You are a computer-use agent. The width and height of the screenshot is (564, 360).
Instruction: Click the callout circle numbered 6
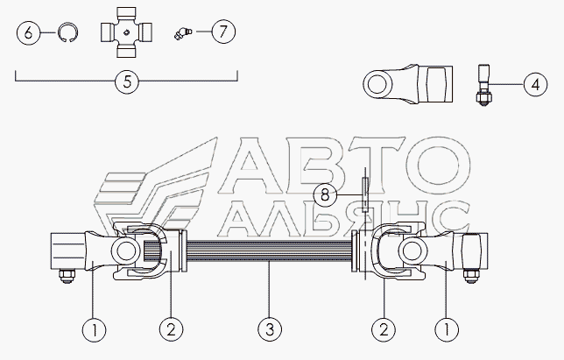point(28,34)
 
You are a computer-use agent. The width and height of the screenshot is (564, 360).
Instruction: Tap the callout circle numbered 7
point(222,32)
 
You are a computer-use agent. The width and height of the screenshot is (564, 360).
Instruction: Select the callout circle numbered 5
point(127,82)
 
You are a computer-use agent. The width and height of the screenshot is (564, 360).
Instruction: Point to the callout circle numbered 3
point(271,330)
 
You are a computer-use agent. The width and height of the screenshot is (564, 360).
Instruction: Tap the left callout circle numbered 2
point(171,330)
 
